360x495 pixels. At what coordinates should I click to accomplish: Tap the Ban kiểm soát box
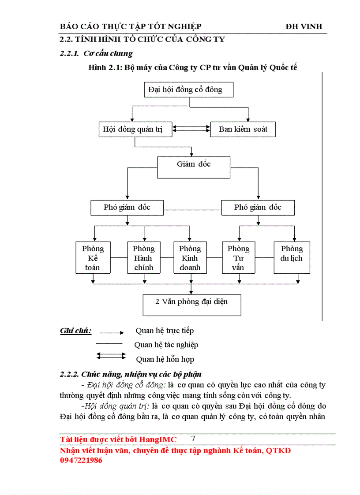pos(243,129)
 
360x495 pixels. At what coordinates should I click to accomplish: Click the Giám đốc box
pos(193,167)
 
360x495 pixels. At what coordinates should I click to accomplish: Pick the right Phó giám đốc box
pos(258,207)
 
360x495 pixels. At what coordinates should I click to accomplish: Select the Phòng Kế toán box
pos(93,257)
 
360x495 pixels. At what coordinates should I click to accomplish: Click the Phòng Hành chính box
pos(143,257)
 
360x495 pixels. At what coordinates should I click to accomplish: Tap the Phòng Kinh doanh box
pos(190,257)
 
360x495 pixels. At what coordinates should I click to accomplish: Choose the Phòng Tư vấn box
pos(238,257)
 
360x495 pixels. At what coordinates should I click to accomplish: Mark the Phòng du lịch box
pos(292,257)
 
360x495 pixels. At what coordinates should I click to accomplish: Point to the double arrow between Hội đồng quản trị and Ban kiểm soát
pos(191,129)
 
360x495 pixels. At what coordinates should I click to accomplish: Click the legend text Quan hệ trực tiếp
pos(165,331)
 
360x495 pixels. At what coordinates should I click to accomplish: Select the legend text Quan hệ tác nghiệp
pos(166,345)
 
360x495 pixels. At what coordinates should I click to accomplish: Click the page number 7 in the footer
pos(193,439)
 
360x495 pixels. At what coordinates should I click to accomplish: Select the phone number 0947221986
pos(81,460)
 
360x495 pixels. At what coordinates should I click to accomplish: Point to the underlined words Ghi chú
pos(75,331)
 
